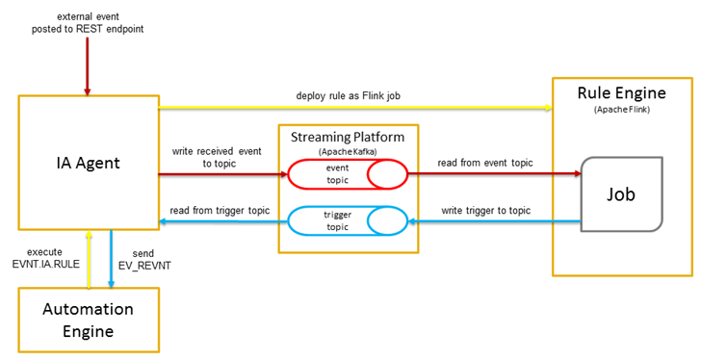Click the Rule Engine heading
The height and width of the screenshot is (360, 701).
click(x=619, y=93)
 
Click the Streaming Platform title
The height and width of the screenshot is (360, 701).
click(x=348, y=137)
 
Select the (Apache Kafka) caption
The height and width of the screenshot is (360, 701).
click(x=348, y=151)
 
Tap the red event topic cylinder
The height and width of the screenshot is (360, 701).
click(x=348, y=175)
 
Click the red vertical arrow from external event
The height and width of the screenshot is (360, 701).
click(x=88, y=67)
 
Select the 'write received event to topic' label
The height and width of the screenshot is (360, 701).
click(x=217, y=158)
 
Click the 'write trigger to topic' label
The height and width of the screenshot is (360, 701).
click(x=485, y=210)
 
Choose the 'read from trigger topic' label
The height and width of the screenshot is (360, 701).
click(x=218, y=210)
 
